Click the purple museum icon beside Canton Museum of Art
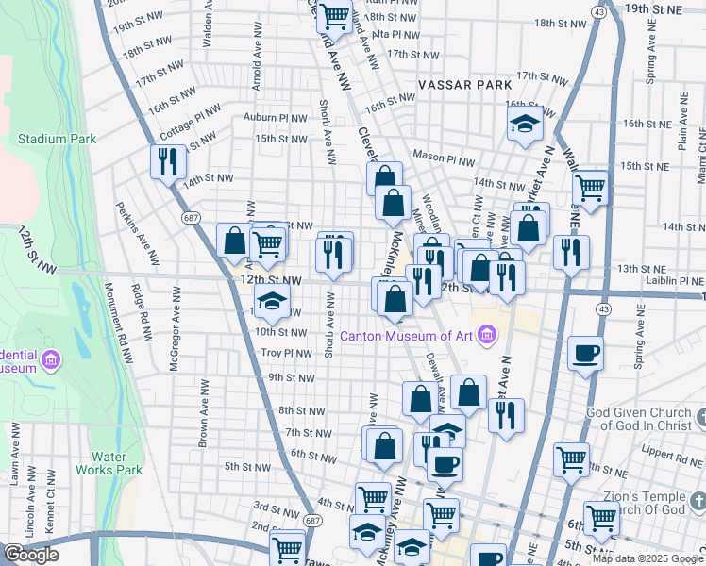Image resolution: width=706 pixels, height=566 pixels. [487, 333]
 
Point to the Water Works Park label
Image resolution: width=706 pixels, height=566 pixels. [116, 463]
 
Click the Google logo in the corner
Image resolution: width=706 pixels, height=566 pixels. [31, 555]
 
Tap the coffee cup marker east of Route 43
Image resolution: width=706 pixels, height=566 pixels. [586, 353]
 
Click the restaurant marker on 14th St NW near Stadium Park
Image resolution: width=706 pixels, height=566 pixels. [168, 161]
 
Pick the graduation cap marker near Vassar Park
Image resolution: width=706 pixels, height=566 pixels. [525, 124]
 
